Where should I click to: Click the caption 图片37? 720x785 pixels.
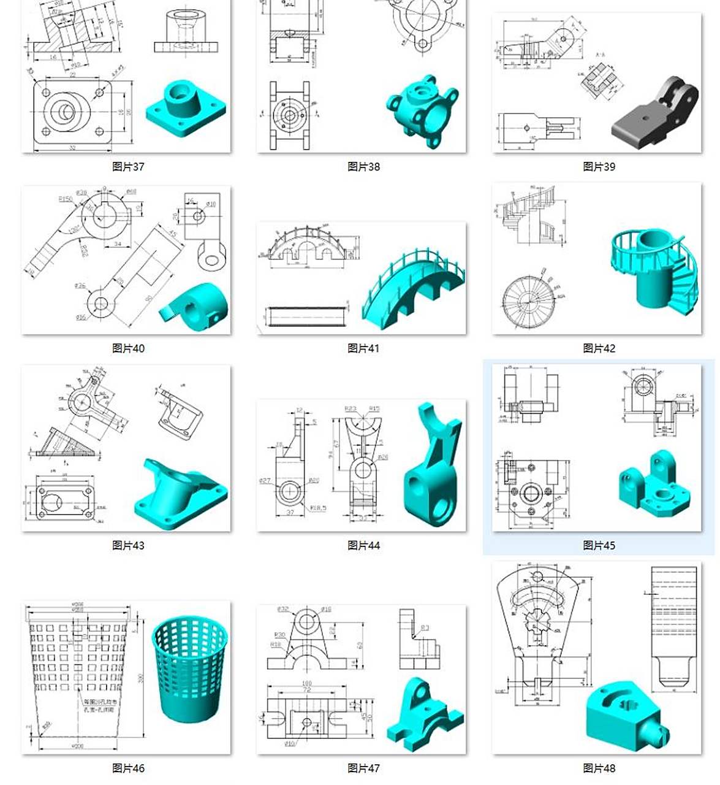point(128,166)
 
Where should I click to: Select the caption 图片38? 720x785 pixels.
point(363,166)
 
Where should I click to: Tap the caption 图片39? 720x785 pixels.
point(599,166)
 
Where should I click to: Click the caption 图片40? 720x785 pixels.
point(128,348)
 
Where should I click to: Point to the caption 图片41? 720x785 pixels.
point(363,348)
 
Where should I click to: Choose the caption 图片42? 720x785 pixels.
point(599,348)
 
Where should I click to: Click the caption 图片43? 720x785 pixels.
point(128,545)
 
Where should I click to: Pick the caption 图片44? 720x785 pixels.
point(363,545)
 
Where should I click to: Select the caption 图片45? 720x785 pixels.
point(599,545)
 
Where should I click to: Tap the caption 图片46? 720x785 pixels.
point(128,768)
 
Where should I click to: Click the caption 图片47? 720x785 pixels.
point(363,768)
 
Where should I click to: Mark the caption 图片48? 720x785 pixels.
point(599,768)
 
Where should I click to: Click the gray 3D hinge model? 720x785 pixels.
point(655,113)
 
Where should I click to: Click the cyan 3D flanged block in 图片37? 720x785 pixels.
point(185,108)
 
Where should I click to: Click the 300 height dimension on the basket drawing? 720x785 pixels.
point(140,678)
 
